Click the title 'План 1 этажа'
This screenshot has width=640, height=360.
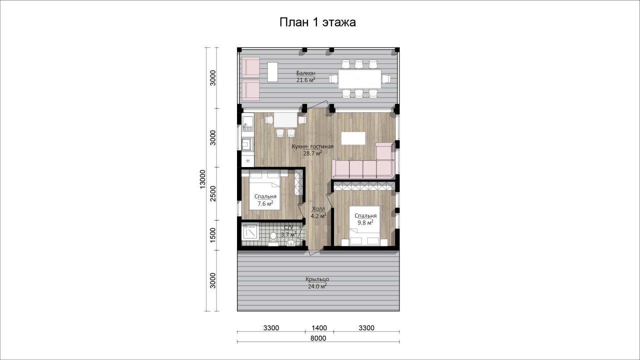tap(317, 22)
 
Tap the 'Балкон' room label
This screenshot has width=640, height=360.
tap(305, 73)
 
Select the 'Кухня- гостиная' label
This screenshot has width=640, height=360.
tap(312, 146)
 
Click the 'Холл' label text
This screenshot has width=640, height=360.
tap(318, 209)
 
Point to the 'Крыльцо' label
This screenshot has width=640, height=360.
tap(317, 279)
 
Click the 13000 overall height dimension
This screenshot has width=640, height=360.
tap(202, 179)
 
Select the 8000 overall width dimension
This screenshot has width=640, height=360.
tap(318, 338)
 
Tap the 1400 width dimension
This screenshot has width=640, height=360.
tap(319, 328)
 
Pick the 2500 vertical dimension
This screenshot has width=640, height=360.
tap(213, 193)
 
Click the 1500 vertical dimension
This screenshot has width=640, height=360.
tap(213, 235)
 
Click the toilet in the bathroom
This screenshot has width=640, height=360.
tap(73, 239)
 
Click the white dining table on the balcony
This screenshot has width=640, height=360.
tap(359, 79)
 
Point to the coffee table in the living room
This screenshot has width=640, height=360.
tap(353, 138)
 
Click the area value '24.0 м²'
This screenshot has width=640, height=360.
tap(317, 286)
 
